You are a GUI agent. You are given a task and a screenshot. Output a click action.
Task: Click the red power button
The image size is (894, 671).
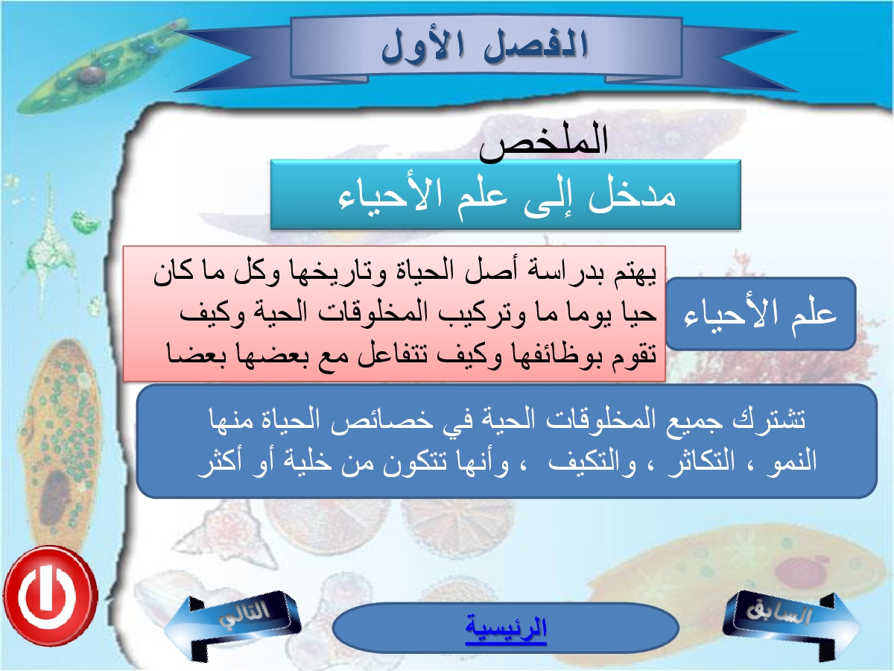(x=51, y=596)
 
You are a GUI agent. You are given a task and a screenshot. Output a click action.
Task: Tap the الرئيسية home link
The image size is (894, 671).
(x=506, y=629)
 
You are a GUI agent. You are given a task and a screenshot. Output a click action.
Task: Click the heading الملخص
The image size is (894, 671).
(x=543, y=141)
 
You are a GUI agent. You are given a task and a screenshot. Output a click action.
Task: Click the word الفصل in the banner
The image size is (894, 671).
(x=536, y=45)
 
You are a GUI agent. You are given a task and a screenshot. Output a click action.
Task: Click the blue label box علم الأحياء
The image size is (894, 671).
(x=761, y=314)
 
